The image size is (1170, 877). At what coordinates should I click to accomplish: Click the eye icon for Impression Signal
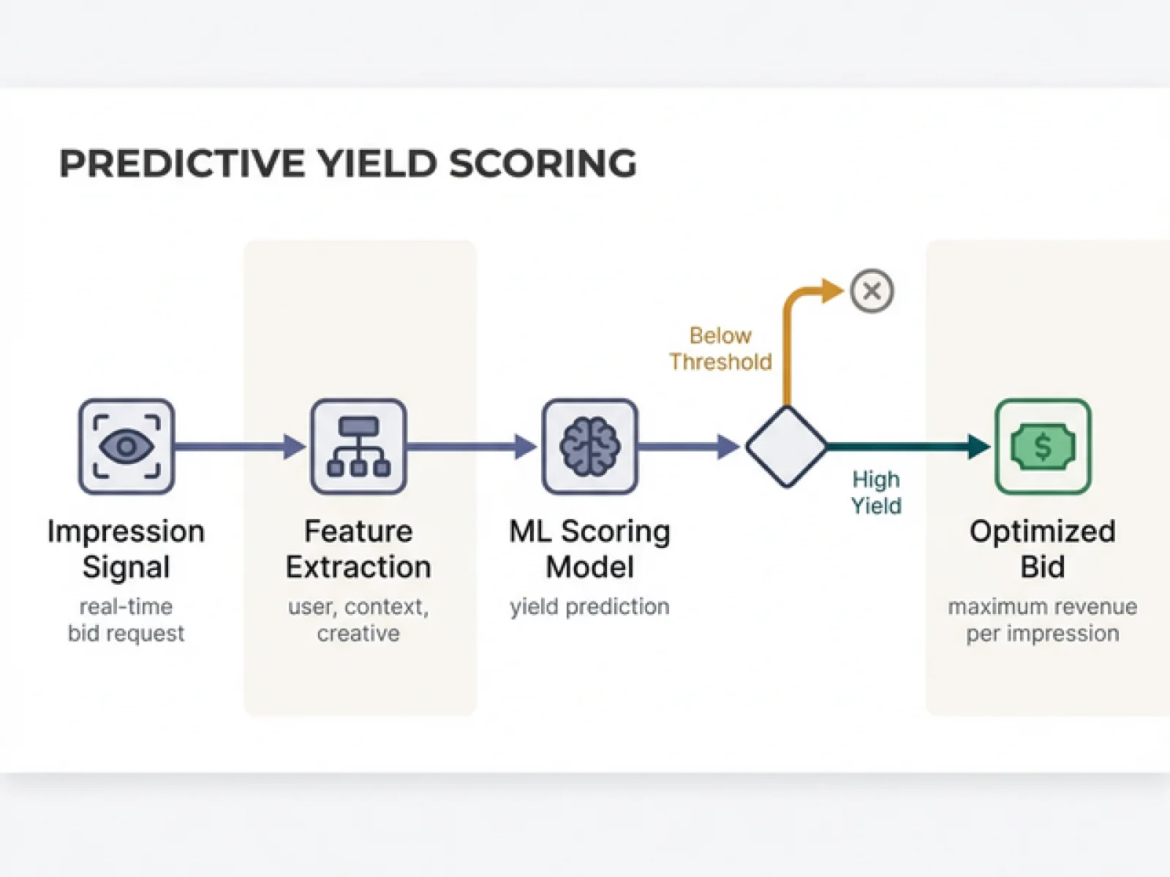coord(127,446)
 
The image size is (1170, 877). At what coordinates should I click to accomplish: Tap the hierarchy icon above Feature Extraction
coord(358,446)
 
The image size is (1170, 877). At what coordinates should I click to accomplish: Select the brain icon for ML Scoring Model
coord(589,446)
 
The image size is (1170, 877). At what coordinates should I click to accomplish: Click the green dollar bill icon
coord(1043,446)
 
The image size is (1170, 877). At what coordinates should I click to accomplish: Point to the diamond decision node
coord(786,446)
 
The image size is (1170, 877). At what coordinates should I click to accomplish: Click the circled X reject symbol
coord(872,291)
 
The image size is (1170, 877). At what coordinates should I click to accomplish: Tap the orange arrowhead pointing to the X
coord(831,291)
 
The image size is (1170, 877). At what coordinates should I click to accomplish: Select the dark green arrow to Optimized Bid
coord(907,446)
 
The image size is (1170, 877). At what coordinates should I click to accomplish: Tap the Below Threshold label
coord(720,349)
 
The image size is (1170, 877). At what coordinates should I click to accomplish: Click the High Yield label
coord(876,493)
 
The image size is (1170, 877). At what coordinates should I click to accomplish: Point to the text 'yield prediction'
coord(589,607)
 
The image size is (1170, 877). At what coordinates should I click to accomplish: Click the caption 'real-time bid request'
coord(126,620)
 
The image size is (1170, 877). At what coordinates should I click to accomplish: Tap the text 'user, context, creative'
coord(358,620)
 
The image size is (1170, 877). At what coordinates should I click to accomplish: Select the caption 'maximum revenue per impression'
coord(1043,620)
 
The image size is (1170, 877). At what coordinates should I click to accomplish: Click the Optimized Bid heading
coord(1043,549)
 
